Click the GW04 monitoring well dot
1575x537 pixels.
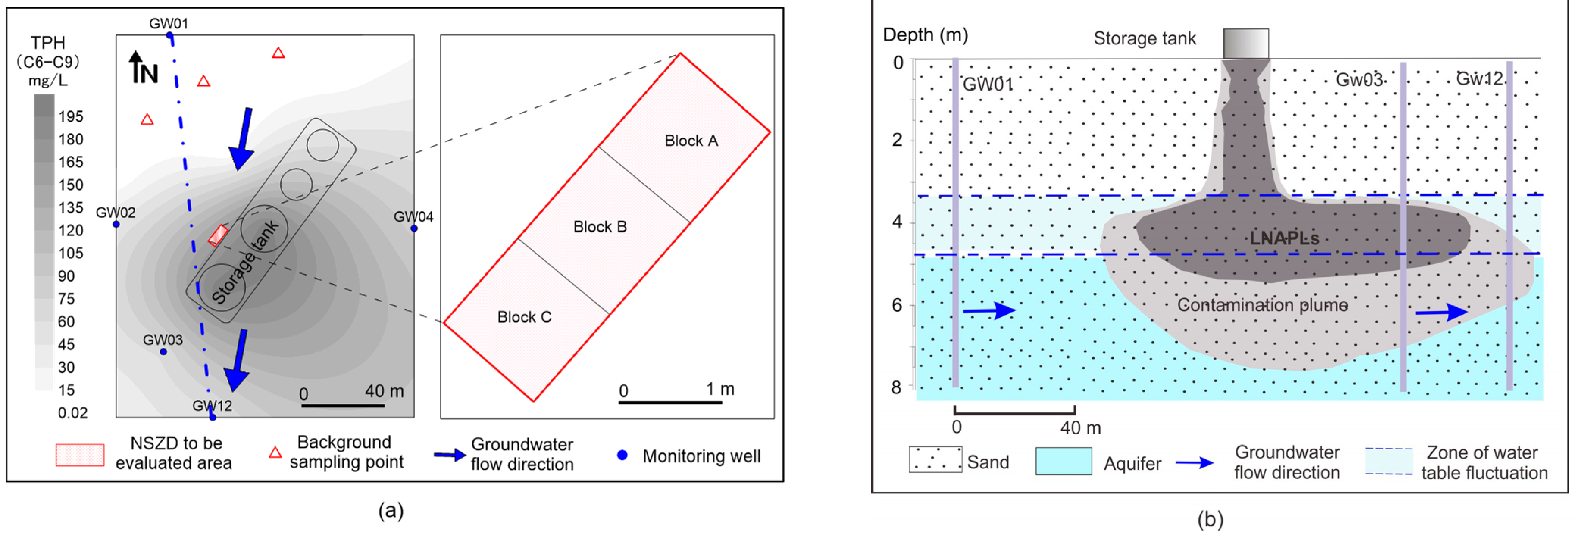coord(414,228)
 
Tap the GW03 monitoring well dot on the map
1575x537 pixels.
coord(163,352)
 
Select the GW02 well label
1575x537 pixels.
coord(116,212)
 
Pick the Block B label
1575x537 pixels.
coord(600,227)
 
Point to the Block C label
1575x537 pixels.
coord(524,317)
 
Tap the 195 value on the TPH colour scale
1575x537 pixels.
coord(71,116)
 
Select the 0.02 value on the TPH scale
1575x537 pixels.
coord(72,413)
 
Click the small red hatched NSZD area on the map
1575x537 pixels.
coord(217,235)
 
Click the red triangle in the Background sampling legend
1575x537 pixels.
coord(275,452)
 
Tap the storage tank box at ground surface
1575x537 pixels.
coord(1245,44)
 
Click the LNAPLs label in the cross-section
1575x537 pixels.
coord(1284,238)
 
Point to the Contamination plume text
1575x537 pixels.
coord(1262,305)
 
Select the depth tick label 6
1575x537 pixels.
coord(896,305)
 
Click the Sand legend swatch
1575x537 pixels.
coord(935,459)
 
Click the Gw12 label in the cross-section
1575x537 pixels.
coord(1479,78)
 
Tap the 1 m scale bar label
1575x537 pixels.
coord(719,388)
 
